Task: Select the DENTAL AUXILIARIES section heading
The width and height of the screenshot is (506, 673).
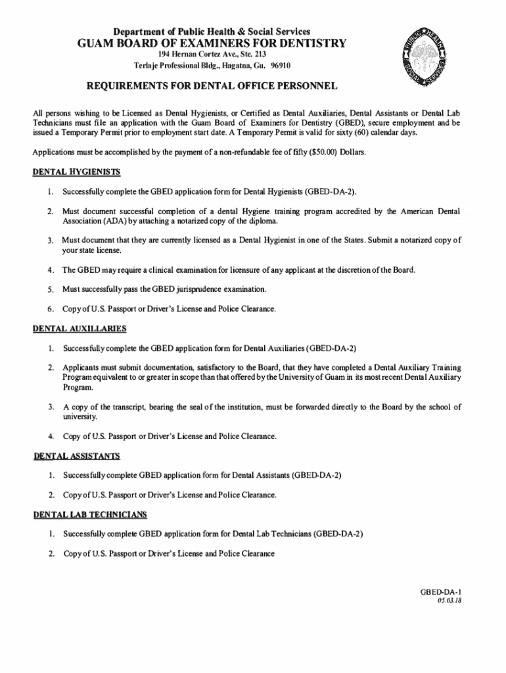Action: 80,328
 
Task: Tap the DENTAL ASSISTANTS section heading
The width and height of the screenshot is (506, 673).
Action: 76,455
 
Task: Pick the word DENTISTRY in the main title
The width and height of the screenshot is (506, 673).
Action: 307,44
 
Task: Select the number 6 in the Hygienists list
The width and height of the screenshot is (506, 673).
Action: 49,308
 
